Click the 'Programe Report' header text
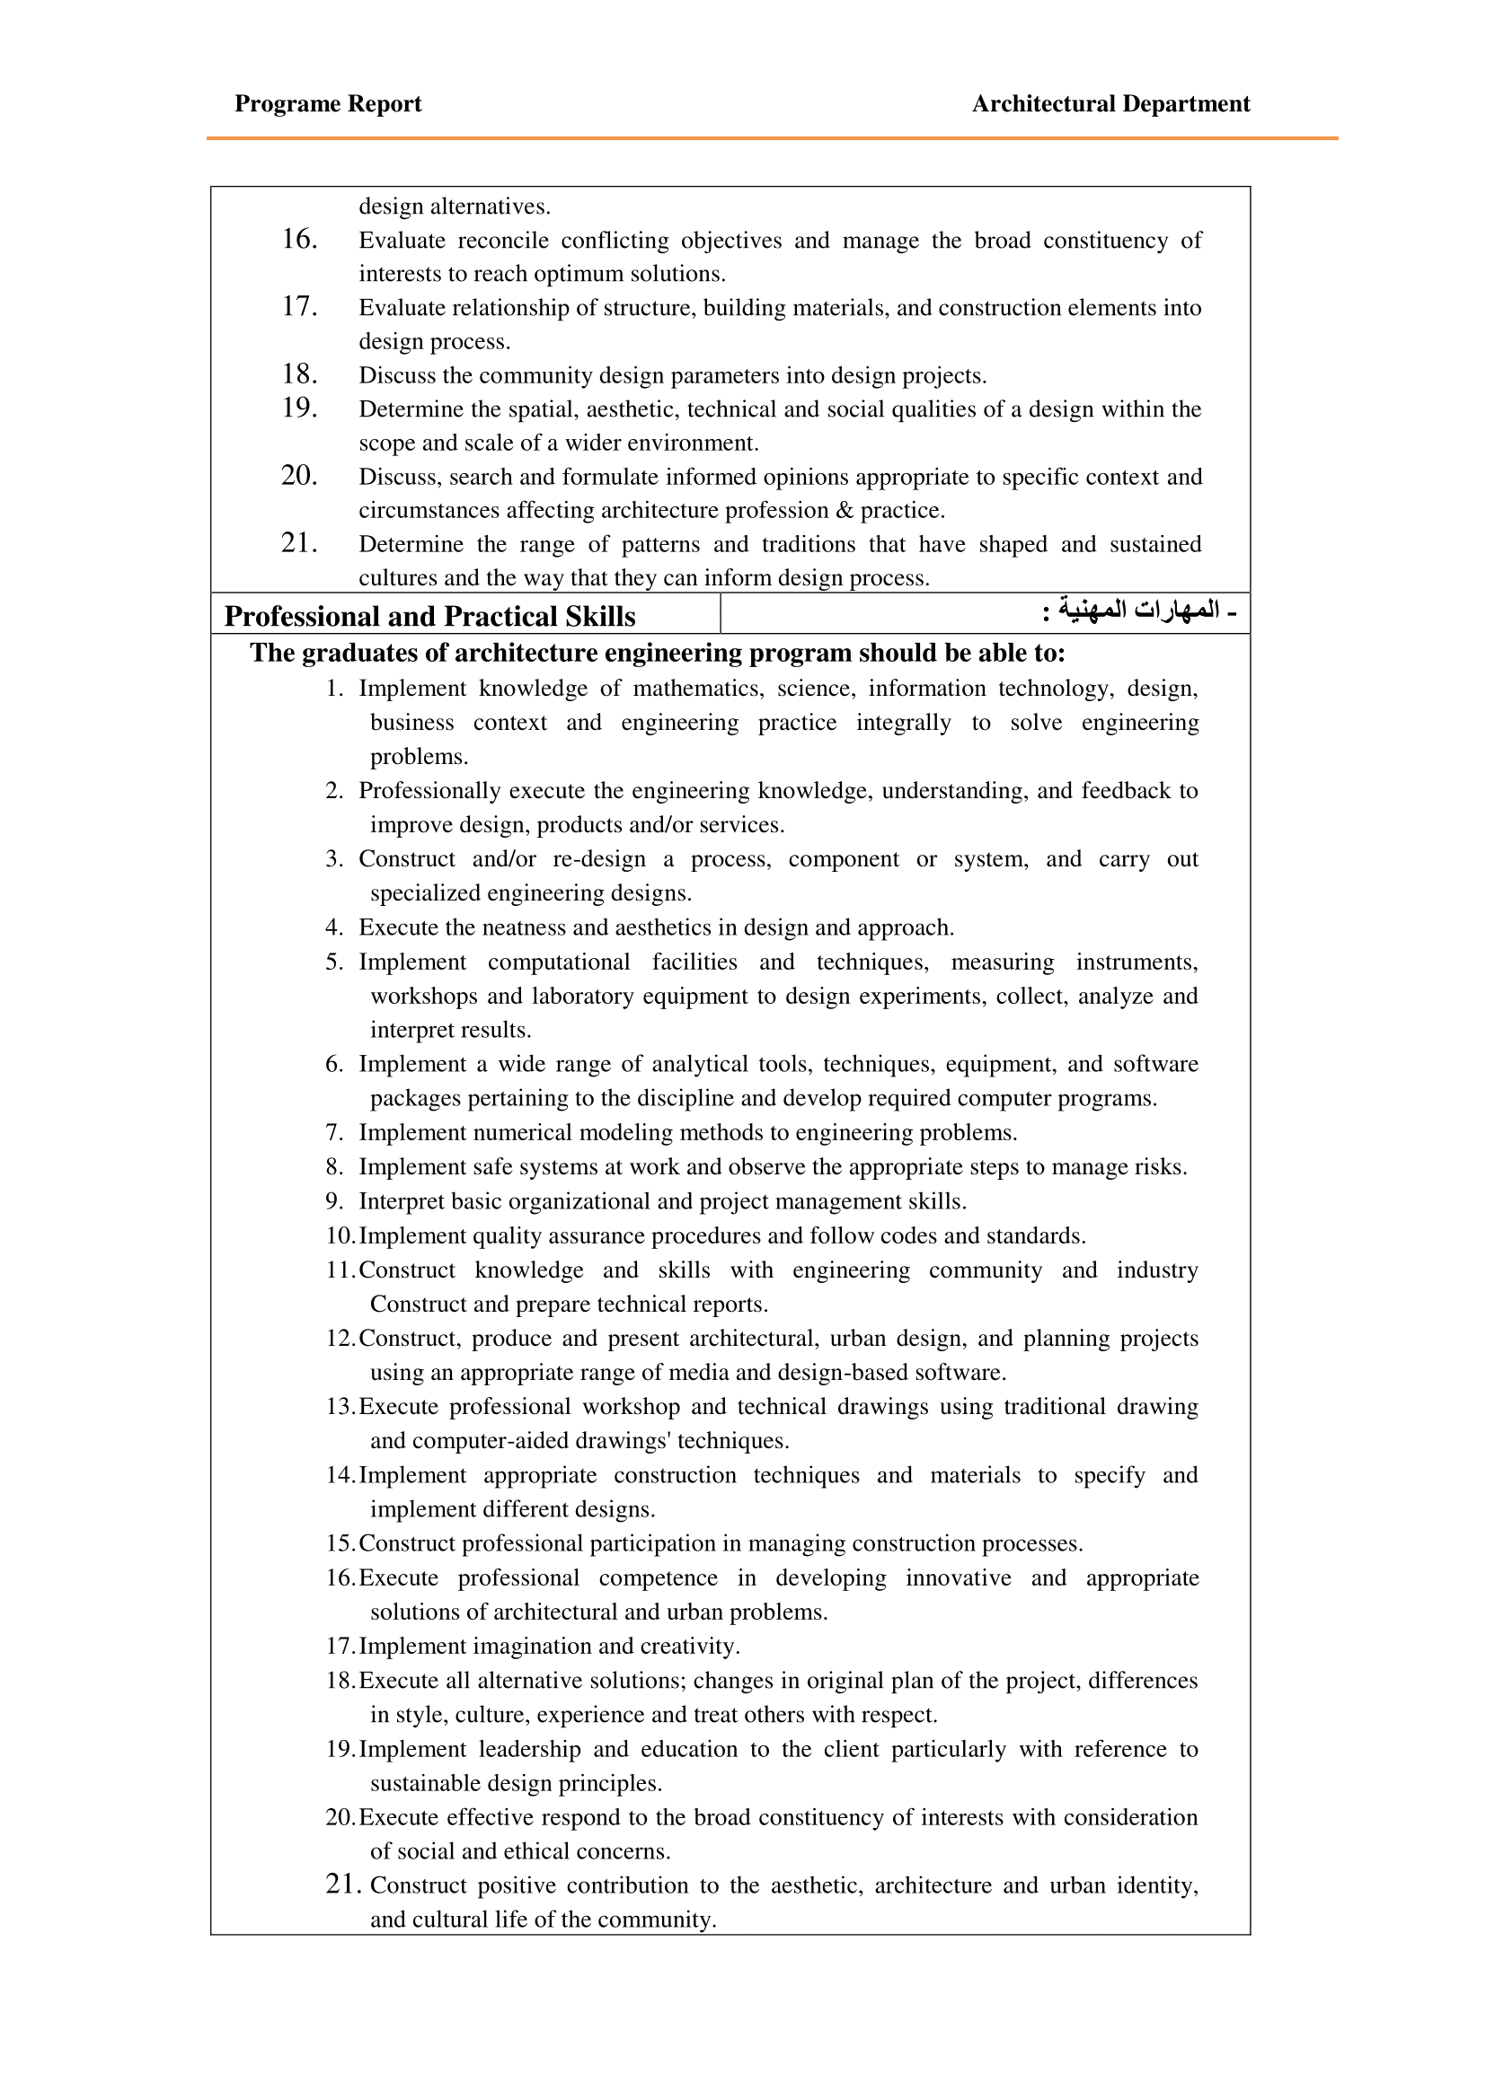(x=328, y=104)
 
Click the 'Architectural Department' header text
(x=1110, y=104)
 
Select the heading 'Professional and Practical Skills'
(x=429, y=617)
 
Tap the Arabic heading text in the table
(x=1139, y=610)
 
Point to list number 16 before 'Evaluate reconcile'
(x=299, y=240)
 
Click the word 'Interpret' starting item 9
(x=399, y=1202)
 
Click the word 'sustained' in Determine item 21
(x=1154, y=545)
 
